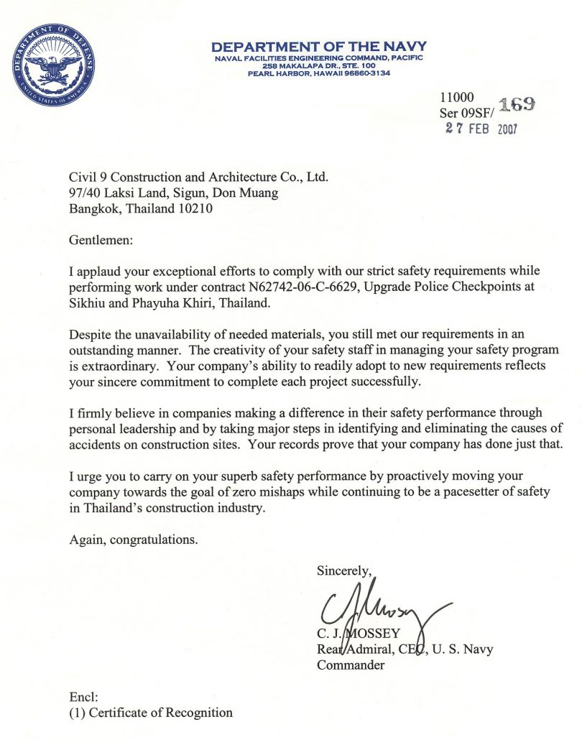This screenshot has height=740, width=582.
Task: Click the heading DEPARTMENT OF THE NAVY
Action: point(319,47)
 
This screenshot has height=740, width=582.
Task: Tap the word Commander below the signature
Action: point(351,665)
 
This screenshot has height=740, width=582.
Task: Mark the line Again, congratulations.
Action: point(133,540)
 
